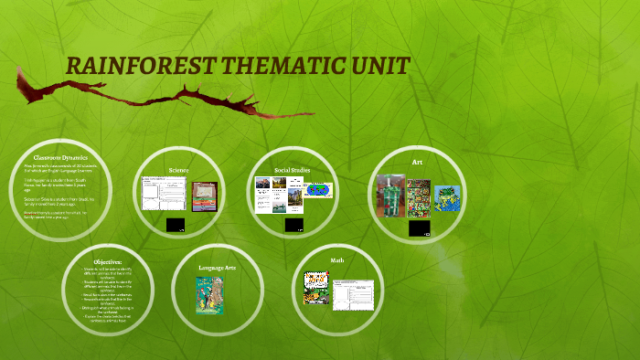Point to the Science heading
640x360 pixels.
pyautogui.click(x=178, y=170)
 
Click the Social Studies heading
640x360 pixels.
pyautogui.click(x=293, y=170)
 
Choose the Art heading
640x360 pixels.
pyautogui.click(x=417, y=162)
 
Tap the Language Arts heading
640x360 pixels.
pyautogui.click(x=217, y=267)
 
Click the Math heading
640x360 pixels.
pyautogui.click(x=336, y=260)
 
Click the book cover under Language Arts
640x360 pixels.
pyautogui.click(x=208, y=295)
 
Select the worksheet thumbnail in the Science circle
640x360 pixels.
pyautogui.click(x=163, y=193)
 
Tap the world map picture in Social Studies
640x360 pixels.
pyautogui.click(x=319, y=191)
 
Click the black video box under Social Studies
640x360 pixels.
pyautogui.click(x=292, y=224)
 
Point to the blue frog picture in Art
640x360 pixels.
pyautogui.click(x=446, y=196)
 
